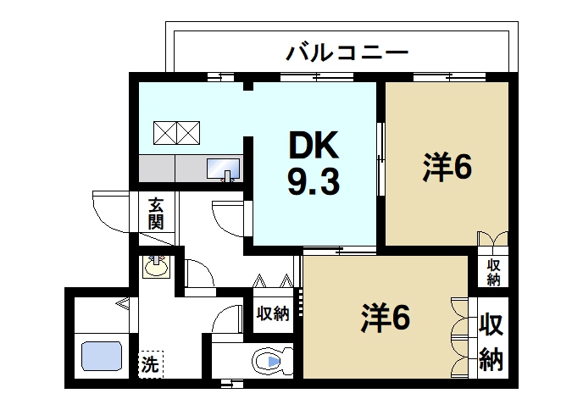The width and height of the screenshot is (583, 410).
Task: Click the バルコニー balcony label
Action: click(x=347, y=53)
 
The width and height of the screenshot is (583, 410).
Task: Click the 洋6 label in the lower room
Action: click(x=386, y=318)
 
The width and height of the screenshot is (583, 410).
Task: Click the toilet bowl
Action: click(x=271, y=363)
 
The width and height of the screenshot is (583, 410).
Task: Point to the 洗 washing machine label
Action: click(x=150, y=366)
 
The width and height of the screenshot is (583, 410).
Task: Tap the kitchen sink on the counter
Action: click(x=223, y=168)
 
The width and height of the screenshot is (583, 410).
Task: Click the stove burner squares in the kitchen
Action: click(x=176, y=132)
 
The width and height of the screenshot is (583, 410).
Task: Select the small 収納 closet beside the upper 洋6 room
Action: click(x=492, y=272)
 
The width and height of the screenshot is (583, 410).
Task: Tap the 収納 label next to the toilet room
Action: click(x=272, y=313)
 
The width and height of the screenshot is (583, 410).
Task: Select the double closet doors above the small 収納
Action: click(x=492, y=240)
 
